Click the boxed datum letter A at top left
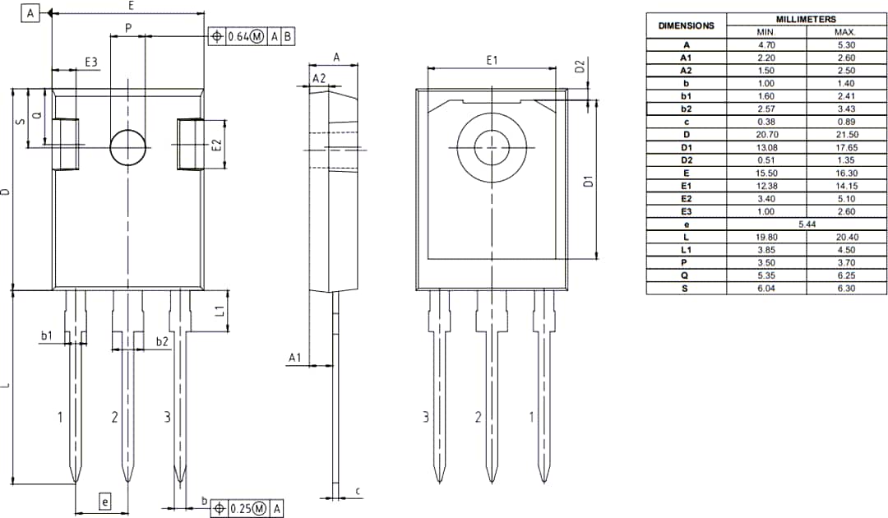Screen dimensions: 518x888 (31, 13)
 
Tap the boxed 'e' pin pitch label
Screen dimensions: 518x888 (104, 502)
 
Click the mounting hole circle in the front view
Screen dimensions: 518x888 (128, 147)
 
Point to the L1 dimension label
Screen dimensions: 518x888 (220, 311)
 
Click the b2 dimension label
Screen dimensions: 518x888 (162, 340)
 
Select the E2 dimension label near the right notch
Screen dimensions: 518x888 (217, 145)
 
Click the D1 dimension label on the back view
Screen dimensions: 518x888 (588, 181)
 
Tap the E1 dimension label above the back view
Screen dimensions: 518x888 (492, 60)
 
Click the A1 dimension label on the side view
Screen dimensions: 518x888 (294, 358)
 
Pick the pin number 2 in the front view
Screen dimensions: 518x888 (115, 418)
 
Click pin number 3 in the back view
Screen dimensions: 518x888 (426, 418)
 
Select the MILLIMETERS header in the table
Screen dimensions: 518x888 (805, 19)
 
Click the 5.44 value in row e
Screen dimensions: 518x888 (805, 224)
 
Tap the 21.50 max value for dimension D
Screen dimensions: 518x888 (846, 134)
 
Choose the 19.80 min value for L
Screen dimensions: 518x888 (766, 237)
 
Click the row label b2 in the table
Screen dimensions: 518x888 (686, 109)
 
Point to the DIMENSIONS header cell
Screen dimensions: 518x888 (686, 25)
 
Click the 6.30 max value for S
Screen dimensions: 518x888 (846, 289)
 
